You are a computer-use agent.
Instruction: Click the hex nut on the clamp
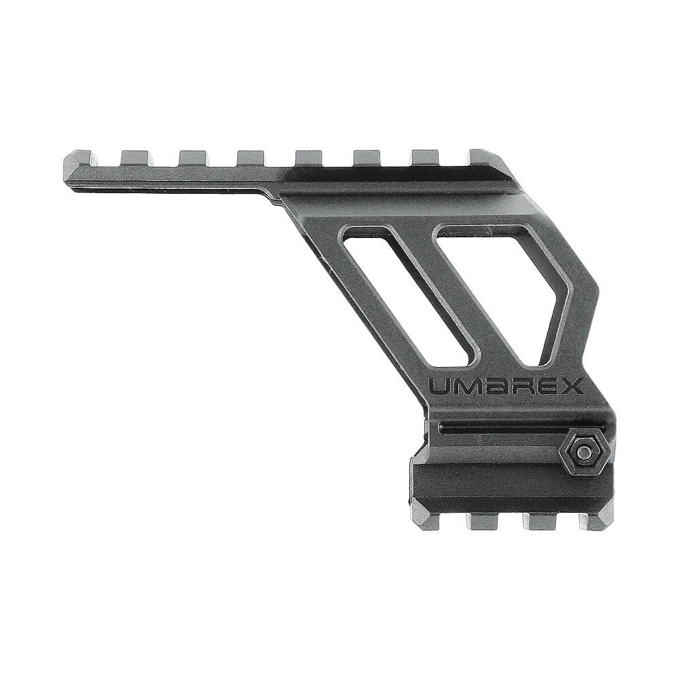point(583,452)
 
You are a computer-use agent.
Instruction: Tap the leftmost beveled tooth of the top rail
point(83,159)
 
